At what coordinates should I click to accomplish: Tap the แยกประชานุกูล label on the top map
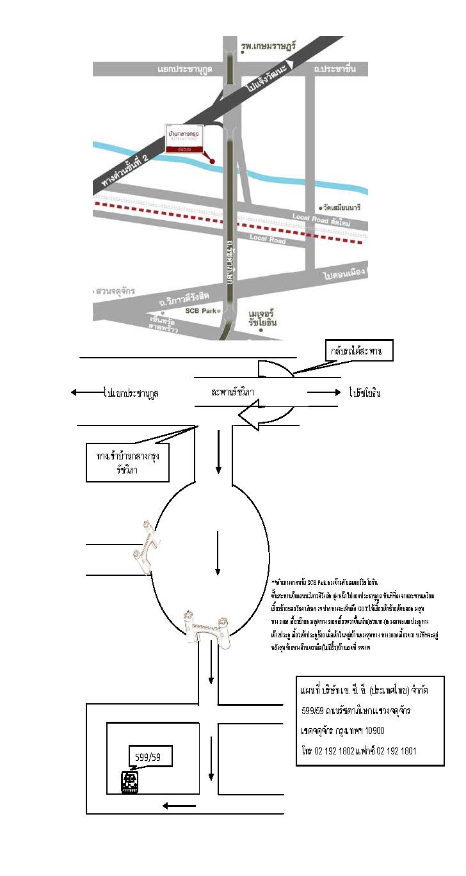pos(186,68)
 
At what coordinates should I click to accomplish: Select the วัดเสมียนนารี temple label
pos(345,209)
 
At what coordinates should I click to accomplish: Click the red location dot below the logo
pos(213,161)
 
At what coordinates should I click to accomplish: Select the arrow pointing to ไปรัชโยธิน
pos(323,393)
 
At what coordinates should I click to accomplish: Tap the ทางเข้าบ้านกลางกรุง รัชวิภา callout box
pos(127,463)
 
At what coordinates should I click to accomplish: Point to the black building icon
pos(131,783)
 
